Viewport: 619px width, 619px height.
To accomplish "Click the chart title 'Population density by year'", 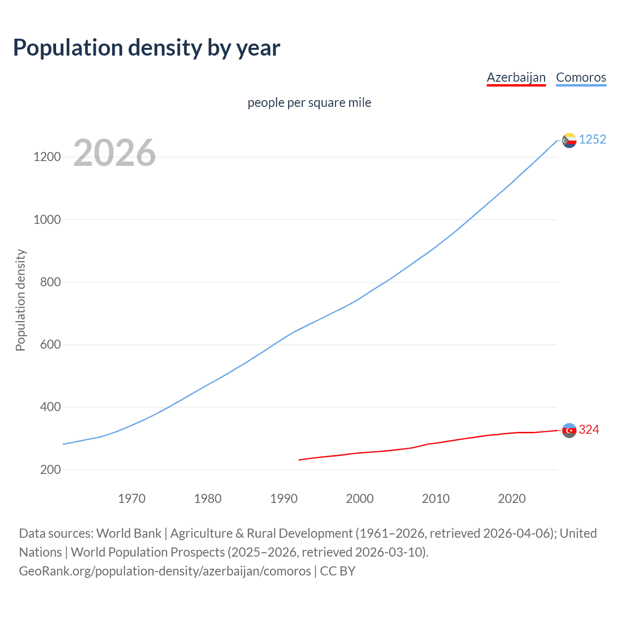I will (147, 48).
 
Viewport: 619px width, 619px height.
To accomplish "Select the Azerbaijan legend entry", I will (516, 77).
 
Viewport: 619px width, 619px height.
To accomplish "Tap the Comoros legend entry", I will (581, 77).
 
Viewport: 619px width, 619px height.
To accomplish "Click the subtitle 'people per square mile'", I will (309, 103).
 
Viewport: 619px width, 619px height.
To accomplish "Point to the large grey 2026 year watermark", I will (115, 153).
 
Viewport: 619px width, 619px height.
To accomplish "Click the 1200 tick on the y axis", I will (47, 157).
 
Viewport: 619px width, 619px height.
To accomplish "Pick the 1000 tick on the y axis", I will (47, 220).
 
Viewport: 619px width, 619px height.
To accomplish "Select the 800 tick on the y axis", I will (50, 282).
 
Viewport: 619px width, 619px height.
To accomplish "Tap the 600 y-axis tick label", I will (50, 344).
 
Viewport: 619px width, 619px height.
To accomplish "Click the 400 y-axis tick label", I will (50, 407).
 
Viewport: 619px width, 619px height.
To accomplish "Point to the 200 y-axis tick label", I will (50, 470).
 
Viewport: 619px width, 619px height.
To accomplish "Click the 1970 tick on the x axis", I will (132, 499).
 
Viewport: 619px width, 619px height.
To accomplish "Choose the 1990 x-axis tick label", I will (284, 499).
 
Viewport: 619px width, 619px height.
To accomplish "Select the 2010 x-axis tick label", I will (436, 499).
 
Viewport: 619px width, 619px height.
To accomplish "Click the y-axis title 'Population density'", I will (20, 300).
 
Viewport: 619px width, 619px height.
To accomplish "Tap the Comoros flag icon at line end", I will (569, 140).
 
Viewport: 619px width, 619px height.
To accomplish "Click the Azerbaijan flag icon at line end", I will (569, 430).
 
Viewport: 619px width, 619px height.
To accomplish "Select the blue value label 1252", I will (592, 140).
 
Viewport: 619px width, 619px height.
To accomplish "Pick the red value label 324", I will (589, 430).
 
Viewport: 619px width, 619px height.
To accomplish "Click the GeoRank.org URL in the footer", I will (165, 571).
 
